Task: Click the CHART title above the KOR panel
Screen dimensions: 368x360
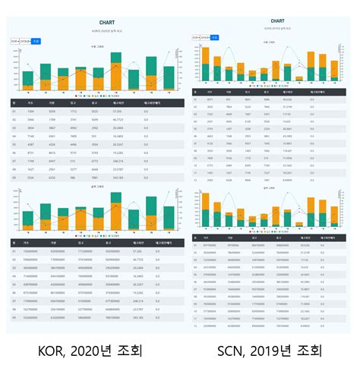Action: coord(96,22)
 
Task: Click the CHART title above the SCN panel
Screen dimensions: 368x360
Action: coord(277,21)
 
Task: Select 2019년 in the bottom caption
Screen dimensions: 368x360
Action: coord(276,351)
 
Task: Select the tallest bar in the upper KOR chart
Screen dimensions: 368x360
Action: coord(116,69)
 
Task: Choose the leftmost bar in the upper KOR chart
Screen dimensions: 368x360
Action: coord(28,79)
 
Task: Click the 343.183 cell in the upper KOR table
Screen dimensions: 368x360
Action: coord(118,177)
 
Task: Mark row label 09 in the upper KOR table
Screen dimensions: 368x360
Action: coord(13,177)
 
